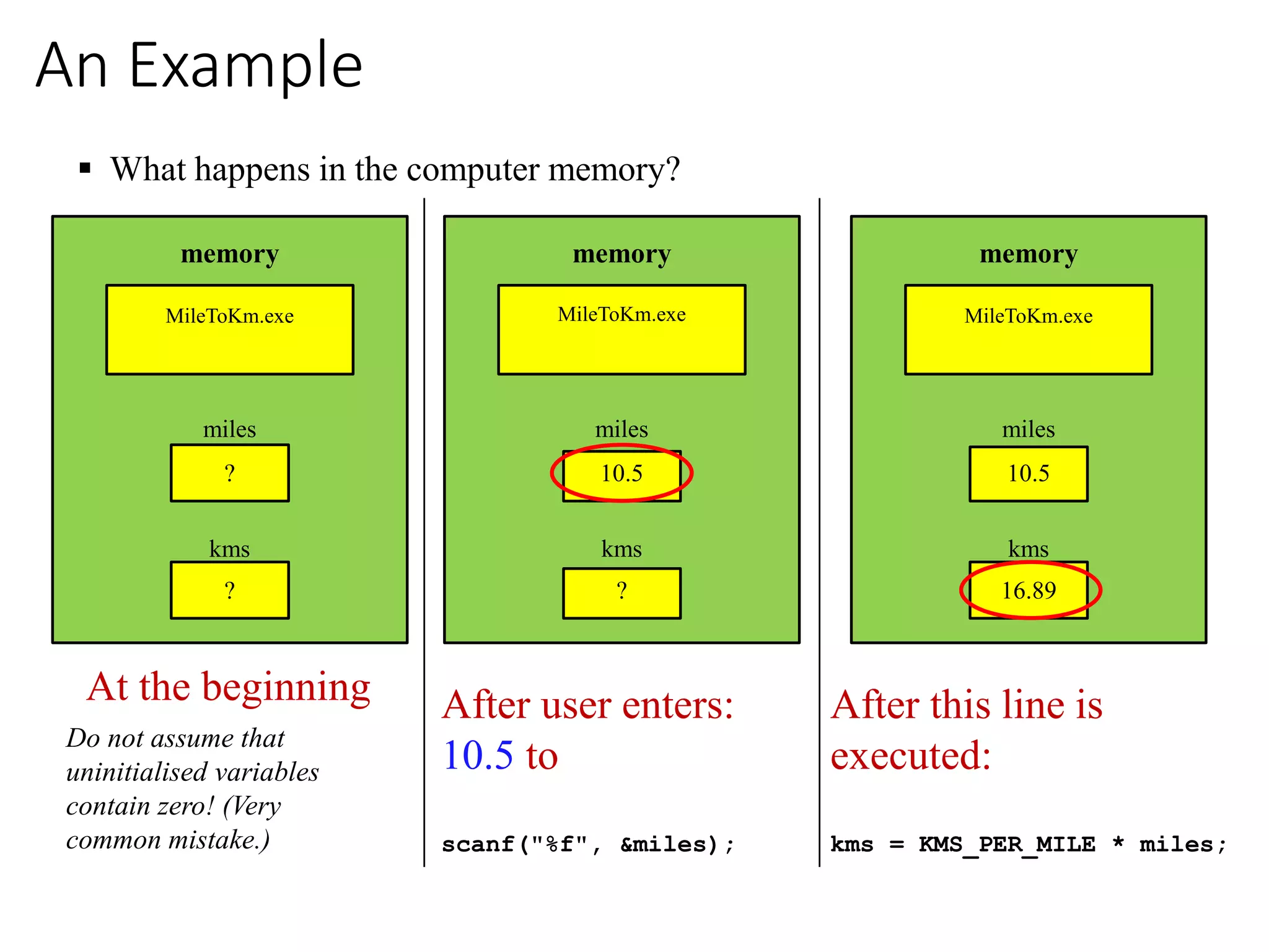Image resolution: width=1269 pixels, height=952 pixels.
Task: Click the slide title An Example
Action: click(198, 66)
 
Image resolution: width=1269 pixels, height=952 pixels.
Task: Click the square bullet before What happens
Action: click(86, 168)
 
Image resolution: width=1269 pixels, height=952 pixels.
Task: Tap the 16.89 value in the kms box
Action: click(1029, 591)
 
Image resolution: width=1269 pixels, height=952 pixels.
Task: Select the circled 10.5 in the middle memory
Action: click(621, 474)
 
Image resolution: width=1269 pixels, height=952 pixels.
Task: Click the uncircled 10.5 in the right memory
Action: click(1029, 474)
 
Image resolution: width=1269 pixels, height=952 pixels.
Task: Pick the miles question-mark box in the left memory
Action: click(230, 474)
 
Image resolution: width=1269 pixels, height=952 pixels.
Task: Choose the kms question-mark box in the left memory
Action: click(230, 591)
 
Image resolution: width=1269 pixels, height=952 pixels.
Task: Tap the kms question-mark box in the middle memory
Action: click(621, 593)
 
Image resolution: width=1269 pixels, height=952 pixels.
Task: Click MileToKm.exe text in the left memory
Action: click(230, 316)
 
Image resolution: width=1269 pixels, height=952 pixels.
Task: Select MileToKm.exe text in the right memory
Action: click(1029, 316)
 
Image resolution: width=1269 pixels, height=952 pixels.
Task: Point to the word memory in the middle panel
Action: click(621, 255)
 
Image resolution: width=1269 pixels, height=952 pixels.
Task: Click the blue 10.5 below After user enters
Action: click(478, 756)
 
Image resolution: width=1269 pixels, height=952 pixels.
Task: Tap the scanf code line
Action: click(588, 844)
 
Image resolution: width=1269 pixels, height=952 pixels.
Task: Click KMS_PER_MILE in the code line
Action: click(1007, 844)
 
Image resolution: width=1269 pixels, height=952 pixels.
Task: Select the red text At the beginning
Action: click(229, 687)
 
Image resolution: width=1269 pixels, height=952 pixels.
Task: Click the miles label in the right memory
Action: click(1029, 430)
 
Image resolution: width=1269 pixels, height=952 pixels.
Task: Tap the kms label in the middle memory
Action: click(621, 549)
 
